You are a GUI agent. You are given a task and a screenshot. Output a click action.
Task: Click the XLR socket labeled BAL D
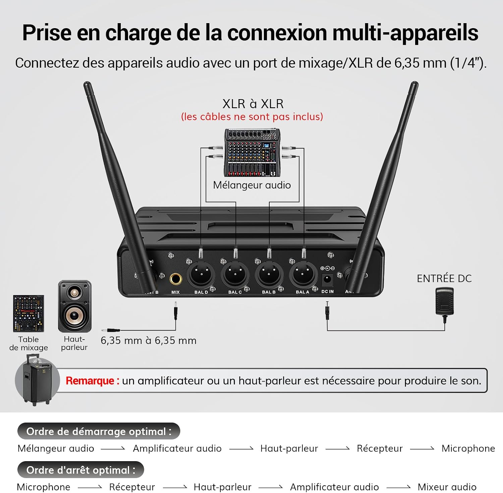201,274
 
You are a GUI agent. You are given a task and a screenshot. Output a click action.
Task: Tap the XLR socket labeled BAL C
235,274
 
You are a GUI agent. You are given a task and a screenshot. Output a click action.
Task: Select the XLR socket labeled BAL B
269,274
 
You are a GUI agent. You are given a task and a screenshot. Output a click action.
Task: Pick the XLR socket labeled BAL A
303,274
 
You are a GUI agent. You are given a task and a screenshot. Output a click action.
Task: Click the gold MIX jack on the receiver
175,279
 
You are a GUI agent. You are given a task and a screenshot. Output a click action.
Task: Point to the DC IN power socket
327,279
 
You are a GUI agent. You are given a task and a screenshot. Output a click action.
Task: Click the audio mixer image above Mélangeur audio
252,153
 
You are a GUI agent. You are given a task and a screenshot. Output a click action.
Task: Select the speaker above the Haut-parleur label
74,306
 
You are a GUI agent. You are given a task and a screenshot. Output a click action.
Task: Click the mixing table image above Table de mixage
29,313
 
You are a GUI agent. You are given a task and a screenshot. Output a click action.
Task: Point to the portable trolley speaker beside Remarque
37,380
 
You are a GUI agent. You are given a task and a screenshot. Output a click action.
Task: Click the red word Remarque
90,381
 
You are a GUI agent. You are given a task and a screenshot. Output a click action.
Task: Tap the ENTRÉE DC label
444,278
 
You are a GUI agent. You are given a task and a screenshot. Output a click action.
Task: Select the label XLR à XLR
253,104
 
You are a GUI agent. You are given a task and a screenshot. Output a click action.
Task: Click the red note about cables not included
252,117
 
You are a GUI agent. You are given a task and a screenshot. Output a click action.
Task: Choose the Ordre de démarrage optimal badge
99,431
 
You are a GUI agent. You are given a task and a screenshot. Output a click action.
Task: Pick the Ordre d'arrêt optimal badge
81,470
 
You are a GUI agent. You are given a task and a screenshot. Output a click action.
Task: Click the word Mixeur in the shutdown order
432,487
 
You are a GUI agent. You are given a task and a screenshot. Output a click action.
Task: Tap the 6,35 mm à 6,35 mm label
149,341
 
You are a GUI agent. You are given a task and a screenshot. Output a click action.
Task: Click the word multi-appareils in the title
405,33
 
